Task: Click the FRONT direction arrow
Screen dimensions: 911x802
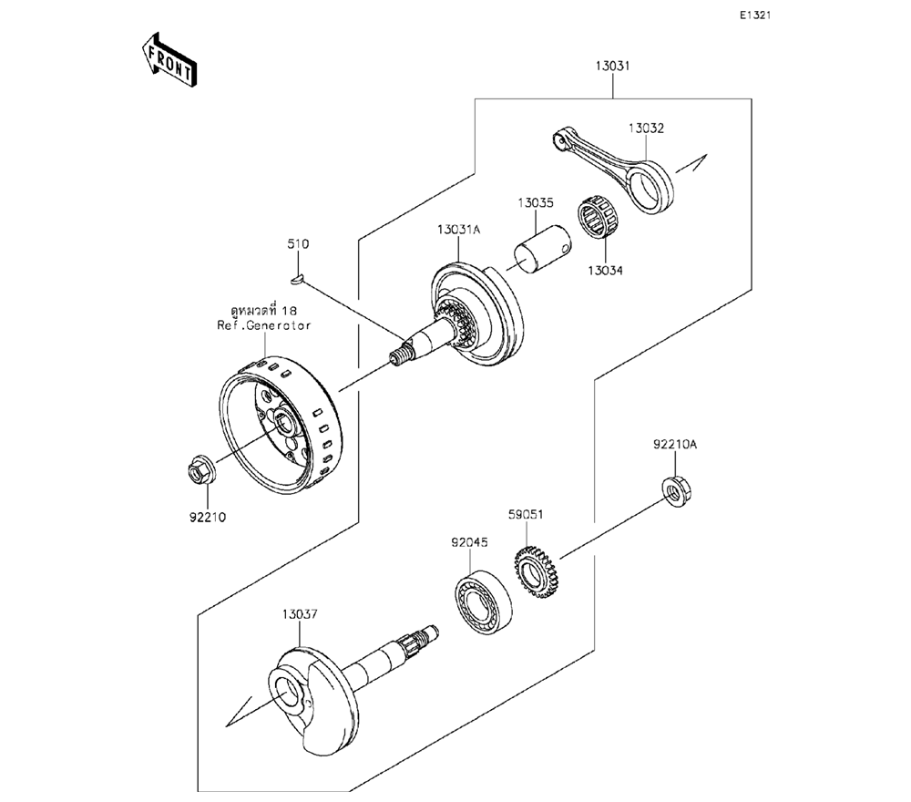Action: (x=169, y=60)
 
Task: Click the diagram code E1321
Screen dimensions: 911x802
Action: (x=754, y=15)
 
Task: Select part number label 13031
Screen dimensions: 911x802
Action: (x=612, y=66)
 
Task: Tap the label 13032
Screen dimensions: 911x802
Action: (x=646, y=129)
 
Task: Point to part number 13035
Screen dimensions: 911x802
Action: (x=536, y=203)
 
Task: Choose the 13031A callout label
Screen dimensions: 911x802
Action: (x=459, y=230)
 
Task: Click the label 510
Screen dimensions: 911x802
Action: (x=298, y=243)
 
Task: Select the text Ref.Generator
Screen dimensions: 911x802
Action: (x=264, y=325)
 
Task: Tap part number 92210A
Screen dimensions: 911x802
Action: (x=675, y=445)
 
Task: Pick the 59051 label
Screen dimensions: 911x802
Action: (x=526, y=514)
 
